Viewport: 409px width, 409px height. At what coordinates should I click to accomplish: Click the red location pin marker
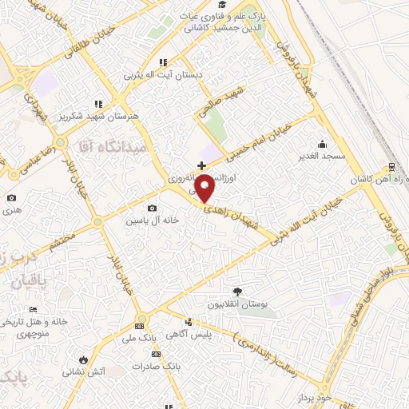pos(205,189)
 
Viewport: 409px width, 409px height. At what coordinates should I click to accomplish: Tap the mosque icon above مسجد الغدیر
pos(321,144)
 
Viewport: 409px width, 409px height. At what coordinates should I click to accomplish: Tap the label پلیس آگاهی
pos(189,336)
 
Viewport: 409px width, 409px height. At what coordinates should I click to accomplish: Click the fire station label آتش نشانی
pos(87,371)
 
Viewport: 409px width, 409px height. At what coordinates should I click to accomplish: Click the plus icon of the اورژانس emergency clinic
pos(201,165)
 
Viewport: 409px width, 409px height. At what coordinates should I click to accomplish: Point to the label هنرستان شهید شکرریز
pos(105,116)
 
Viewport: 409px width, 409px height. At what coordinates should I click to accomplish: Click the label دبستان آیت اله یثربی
pos(163,74)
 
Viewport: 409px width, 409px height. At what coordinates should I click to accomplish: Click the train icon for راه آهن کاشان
pos(391,166)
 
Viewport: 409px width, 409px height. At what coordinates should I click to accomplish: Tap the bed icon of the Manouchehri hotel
pos(33,308)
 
